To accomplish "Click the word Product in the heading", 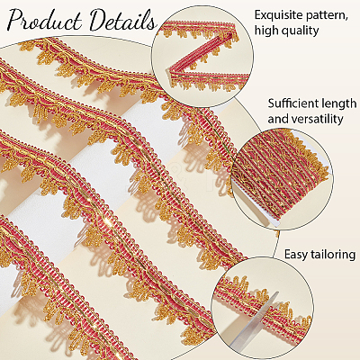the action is [45, 21].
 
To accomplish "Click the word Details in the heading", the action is [122, 21].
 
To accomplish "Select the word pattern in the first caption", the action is [329, 15].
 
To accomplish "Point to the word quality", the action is [301, 31].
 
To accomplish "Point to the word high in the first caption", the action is [267, 31].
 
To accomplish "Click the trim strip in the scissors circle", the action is [263, 299].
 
